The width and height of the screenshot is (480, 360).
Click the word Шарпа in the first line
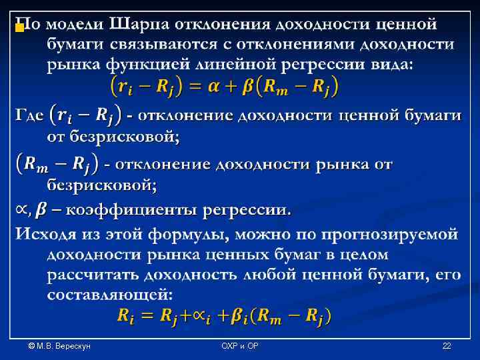point(139,25)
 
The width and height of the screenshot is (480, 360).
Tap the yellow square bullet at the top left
point(20,28)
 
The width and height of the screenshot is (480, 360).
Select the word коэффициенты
point(127,211)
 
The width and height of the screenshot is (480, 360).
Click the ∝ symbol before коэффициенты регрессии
point(22,211)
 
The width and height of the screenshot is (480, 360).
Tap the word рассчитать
point(94,275)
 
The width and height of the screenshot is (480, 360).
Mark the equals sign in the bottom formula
point(146,316)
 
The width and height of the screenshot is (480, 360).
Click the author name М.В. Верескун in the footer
point(59,346)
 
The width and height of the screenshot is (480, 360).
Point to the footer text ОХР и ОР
point(239,346)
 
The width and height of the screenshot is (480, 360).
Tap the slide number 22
point(447,346)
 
